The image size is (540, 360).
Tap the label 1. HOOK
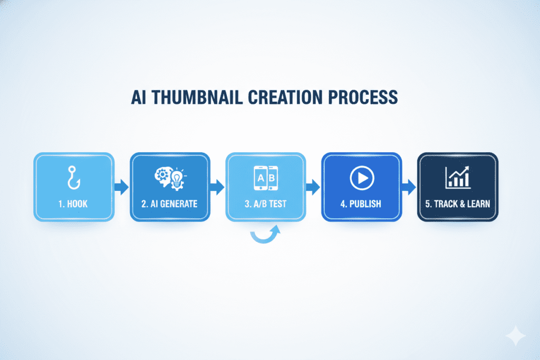[73, 204]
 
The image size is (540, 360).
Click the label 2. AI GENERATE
[169, 204]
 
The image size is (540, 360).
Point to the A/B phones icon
[266, 178]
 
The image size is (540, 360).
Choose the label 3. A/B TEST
[266, 204]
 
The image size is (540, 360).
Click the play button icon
[362, 178]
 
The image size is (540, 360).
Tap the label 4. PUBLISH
[361, 204]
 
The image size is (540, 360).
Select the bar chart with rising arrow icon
[458, 177]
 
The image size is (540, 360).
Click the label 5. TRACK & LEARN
[458, 204]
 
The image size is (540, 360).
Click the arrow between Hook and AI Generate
[122, 187]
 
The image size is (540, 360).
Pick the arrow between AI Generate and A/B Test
[217, 187]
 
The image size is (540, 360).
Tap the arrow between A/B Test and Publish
[313, 187]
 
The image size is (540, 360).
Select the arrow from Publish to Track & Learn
[409, 187]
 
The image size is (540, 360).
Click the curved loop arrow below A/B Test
[264, 240]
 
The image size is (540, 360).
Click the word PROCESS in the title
[363, 98]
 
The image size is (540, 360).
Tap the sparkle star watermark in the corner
[516, 336]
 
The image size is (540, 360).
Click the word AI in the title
[139, 98]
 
